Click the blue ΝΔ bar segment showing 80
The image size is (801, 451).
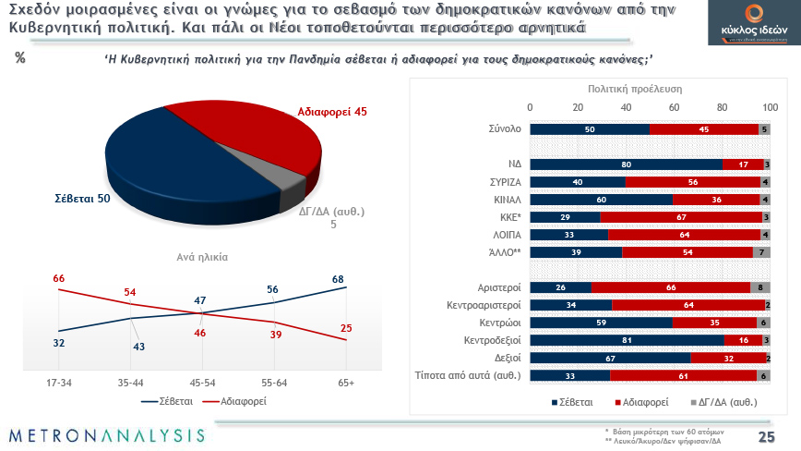point(626,165)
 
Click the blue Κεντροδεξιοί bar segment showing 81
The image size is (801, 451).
point(627,340)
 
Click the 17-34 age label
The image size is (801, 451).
point(58,381)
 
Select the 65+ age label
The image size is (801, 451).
point(346,381)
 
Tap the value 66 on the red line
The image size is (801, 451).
point(58,278)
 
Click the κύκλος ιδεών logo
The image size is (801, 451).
point(742,24)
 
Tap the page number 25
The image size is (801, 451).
point(765,436)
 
